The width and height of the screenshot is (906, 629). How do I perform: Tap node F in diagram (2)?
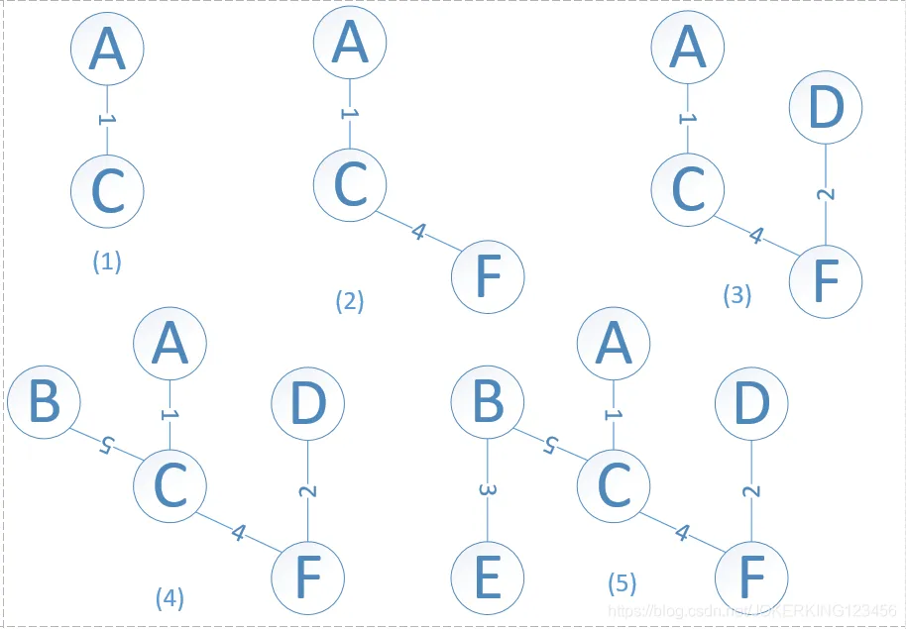[488, 277]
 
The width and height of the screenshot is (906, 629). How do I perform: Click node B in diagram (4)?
[44, 404]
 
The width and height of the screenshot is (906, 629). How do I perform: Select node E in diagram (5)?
[488, 577]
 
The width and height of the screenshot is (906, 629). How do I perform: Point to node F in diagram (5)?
[751, 577]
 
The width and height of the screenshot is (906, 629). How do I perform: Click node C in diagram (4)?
[170, 483]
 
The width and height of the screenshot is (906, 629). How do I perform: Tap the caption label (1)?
[106, 262]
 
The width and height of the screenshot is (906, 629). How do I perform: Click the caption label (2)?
[349, 301]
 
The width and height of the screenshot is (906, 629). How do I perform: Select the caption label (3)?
[736, 294]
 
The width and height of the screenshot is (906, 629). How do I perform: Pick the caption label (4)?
[170, 597]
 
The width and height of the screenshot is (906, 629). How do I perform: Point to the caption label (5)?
[622, 583]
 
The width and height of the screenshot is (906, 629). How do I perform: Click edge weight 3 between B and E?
[488, 490]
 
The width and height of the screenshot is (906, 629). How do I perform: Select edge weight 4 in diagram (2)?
[418, 233]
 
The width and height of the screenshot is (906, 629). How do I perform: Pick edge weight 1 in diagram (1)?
[108, 119]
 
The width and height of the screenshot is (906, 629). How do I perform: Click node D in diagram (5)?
[751, 404]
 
